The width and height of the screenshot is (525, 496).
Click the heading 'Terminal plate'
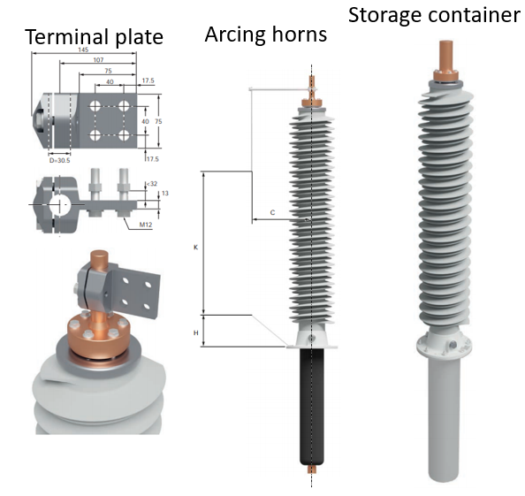coord(93,37)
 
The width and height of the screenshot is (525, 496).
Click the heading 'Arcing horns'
coord(265,34)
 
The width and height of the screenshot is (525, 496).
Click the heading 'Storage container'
coord(434,15)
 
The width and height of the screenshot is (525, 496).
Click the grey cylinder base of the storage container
coord(438,416)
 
